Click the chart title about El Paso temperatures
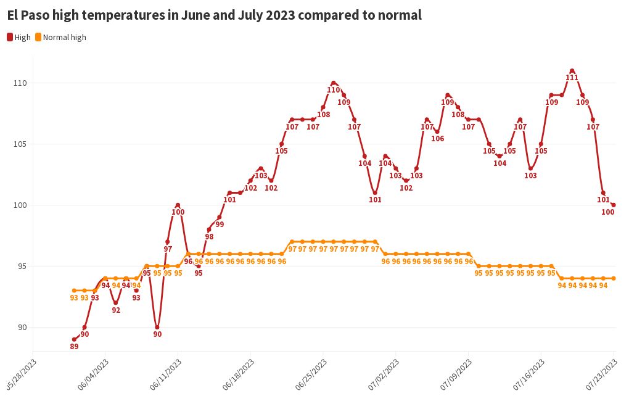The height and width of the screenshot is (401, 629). tap(215, 15)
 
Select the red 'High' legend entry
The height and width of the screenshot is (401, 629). tap(19, 37)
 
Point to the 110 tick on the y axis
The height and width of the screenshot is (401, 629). tap(20, 83)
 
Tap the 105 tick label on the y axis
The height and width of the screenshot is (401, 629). tap(20, 144)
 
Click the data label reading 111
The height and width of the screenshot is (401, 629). tap(572, 78)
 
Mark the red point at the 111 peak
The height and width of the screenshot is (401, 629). tap(572, 71)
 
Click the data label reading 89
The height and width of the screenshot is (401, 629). tap(74, 347)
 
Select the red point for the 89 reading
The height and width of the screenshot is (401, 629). tap(74, 339)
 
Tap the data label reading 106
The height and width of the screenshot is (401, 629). tap(438, 139)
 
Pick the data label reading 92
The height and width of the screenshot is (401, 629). tap(116, 310)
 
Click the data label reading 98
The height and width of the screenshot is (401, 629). tap(209, 237)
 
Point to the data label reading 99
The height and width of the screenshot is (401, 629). tap(220, 225)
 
